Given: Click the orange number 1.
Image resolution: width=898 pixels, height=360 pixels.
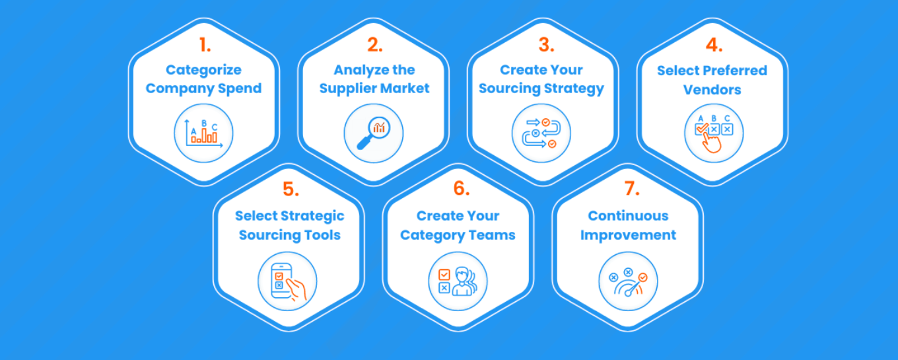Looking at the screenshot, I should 203,45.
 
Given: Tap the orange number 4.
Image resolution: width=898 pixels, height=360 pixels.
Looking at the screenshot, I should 713,45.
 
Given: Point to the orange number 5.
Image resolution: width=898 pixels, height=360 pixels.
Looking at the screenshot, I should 291,189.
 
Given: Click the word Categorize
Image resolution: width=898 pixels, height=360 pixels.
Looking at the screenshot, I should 203,70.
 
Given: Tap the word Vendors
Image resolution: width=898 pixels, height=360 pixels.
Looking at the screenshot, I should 712,90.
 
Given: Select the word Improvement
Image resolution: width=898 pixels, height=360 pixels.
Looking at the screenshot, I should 628,235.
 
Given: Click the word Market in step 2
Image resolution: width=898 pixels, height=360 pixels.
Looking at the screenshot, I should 408,89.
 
